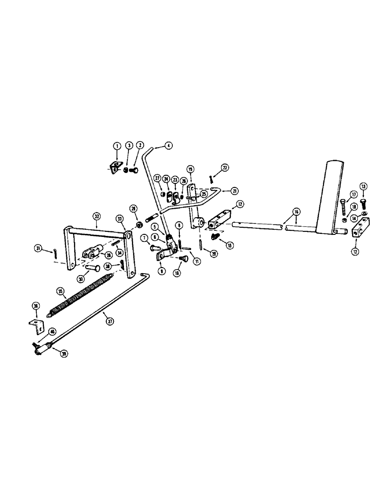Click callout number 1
coord(116,145)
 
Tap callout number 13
coord(364,186)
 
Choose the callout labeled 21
coord(235,191)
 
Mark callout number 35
coord(60,291)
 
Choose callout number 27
coord(157,179)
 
